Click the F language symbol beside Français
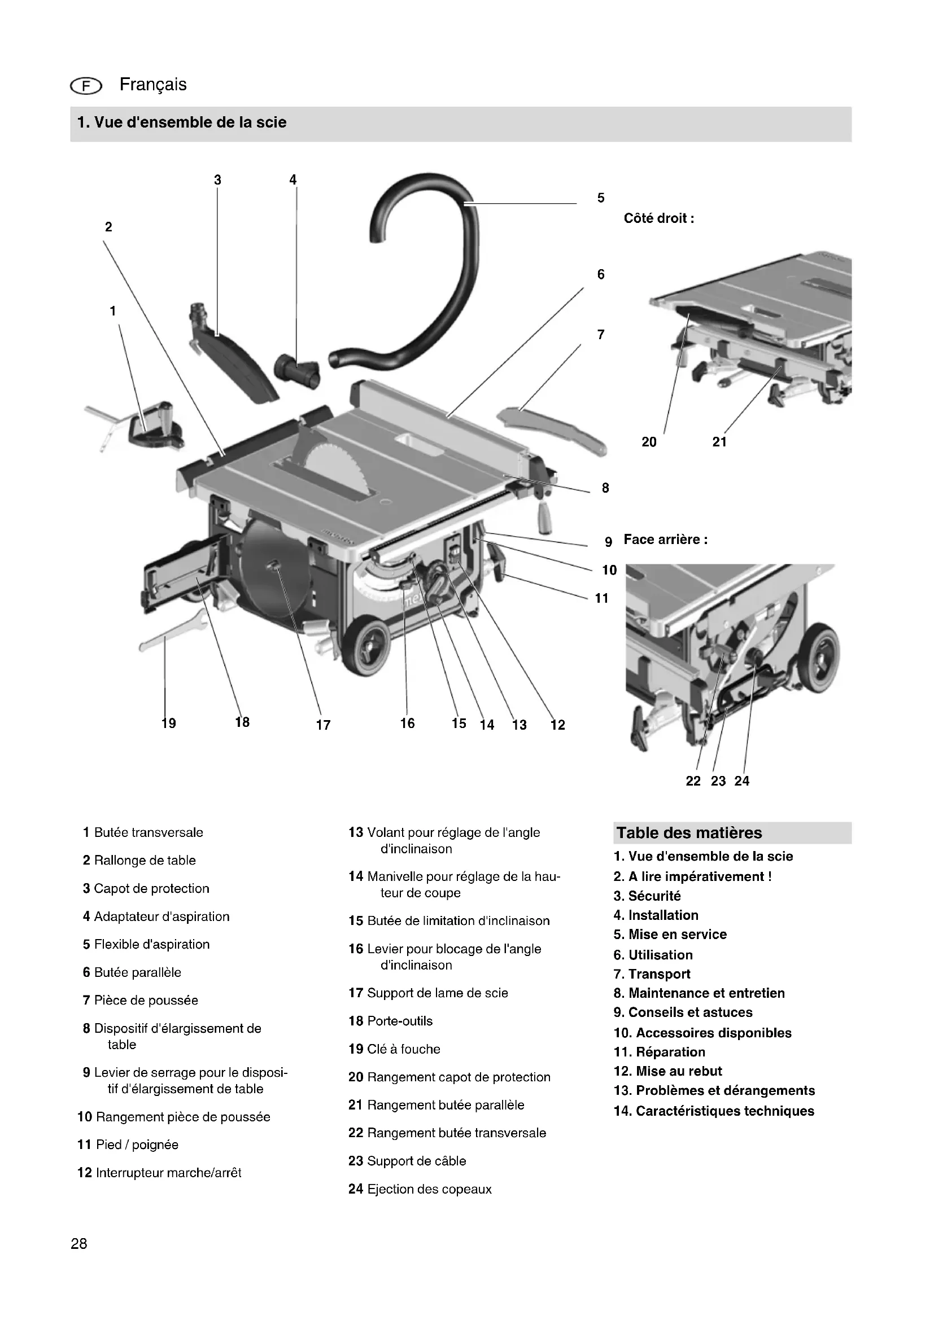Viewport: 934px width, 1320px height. pos(86,86)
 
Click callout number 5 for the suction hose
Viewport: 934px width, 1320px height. pos(600,198)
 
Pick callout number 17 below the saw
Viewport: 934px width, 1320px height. pos(323,725)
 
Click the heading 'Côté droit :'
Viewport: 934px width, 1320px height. pos(658,218)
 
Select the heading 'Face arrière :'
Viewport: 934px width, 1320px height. pos(665,540)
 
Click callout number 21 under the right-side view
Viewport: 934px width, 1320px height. pos(719,441)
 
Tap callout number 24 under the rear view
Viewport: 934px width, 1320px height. pos(742,780)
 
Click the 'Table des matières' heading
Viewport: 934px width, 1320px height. pos(689,832)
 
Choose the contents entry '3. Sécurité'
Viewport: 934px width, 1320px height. pos(647,896)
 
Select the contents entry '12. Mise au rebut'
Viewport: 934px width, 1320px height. pos(667,1071)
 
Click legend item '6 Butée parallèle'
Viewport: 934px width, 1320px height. pos(132,972)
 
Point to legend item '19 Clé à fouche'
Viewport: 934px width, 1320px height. pos(394,1049)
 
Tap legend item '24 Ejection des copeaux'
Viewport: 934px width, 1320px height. pos(420,1189)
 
